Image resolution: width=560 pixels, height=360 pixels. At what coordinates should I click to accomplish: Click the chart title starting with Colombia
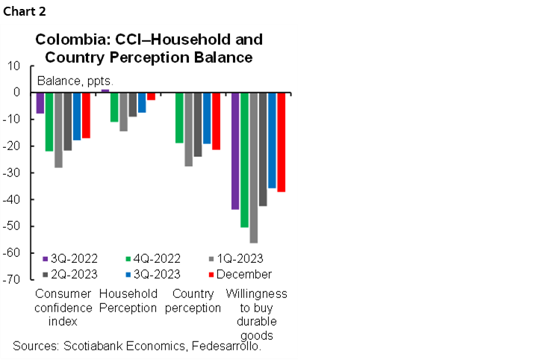point(150,48)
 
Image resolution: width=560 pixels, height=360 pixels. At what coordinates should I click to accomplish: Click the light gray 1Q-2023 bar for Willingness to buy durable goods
point(254,168)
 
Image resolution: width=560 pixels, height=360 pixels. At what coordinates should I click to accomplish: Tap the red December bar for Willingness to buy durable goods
point(281,142)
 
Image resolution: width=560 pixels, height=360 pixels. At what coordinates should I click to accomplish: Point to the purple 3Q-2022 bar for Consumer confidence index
point(40,103)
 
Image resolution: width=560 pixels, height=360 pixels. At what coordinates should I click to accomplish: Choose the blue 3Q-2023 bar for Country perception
point(207,118)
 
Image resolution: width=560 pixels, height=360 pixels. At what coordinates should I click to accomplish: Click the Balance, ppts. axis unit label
point(75,80)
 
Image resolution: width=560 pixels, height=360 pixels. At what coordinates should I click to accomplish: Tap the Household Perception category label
point(128,301)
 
